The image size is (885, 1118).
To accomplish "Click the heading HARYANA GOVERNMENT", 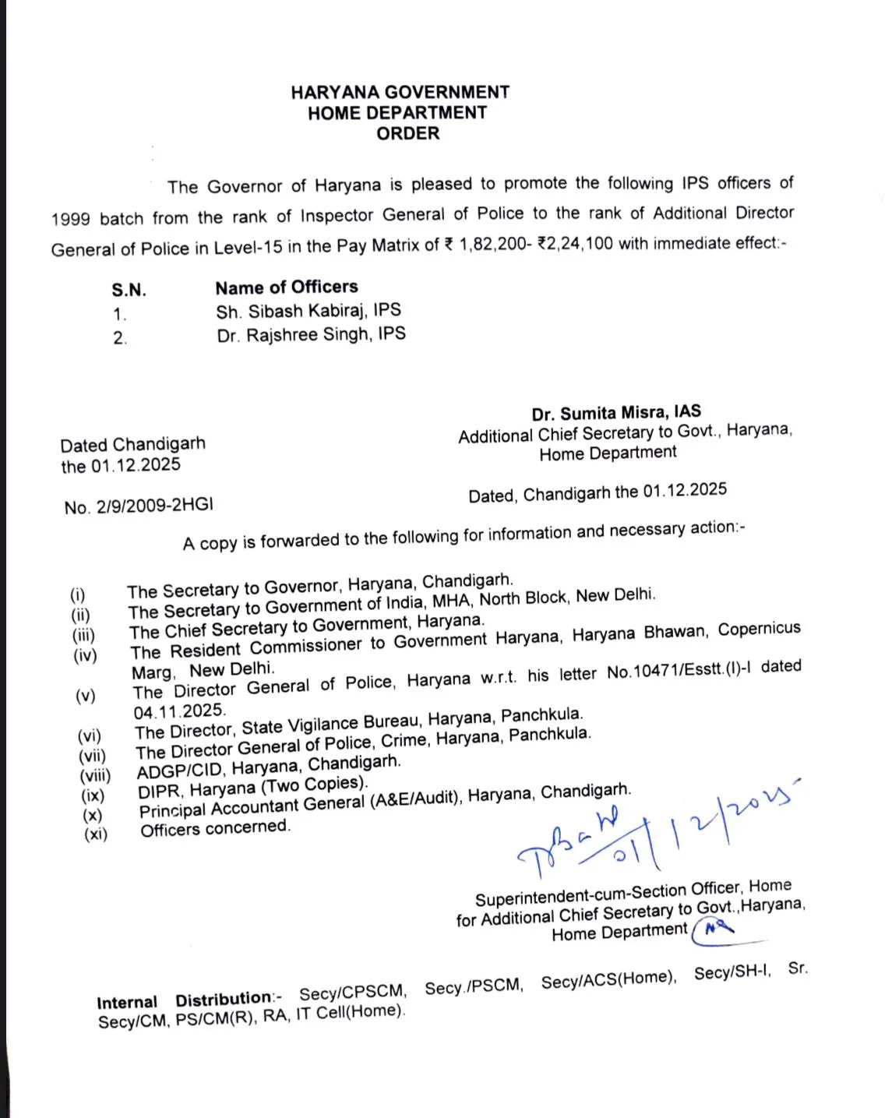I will click(400, 92).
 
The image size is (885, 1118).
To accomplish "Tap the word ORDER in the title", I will click(407, 133).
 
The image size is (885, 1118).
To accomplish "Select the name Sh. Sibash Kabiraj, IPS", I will click(309, 311).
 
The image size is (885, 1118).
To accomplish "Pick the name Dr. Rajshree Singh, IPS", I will click(311, 335).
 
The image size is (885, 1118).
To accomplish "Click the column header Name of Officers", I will click(286, 287).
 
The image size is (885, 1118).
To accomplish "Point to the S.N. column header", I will click(129, 291).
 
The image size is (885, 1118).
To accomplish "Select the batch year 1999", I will click(71, 219).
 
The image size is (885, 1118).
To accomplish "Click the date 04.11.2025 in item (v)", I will click(179, 711).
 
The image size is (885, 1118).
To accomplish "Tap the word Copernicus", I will click(759, 629).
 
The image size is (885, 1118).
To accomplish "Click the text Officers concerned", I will click(215, 827).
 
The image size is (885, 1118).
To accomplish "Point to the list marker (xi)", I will click(96, 834).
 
